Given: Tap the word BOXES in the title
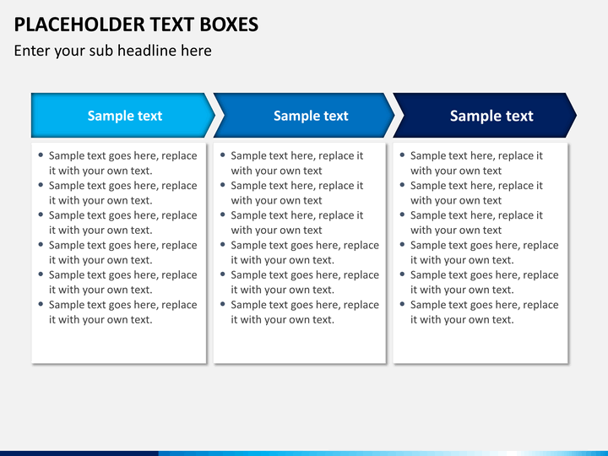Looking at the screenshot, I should [x=221, y=24].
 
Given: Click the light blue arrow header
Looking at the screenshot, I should [x=122, y=116].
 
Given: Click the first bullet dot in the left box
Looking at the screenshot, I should [x=41, y=155].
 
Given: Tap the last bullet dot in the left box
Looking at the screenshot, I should [x=41, y=304].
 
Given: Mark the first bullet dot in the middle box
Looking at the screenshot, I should [x=222, y=155].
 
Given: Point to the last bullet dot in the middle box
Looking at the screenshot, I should [x=222, y=304].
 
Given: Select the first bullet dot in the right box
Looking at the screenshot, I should [x=402, y=155].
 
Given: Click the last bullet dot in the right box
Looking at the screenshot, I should [x=402, y=304].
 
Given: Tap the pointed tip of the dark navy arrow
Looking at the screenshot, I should [x=575, y=116].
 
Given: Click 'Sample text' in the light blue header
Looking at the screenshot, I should [x=125, y=116].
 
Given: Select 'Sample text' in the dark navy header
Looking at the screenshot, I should [x=491, y=116].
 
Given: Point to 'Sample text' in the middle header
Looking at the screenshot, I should [x=311, y=116].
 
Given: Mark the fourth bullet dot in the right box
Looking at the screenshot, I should [x=402, y=245].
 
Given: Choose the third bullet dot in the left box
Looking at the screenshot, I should [x=41, y=215].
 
